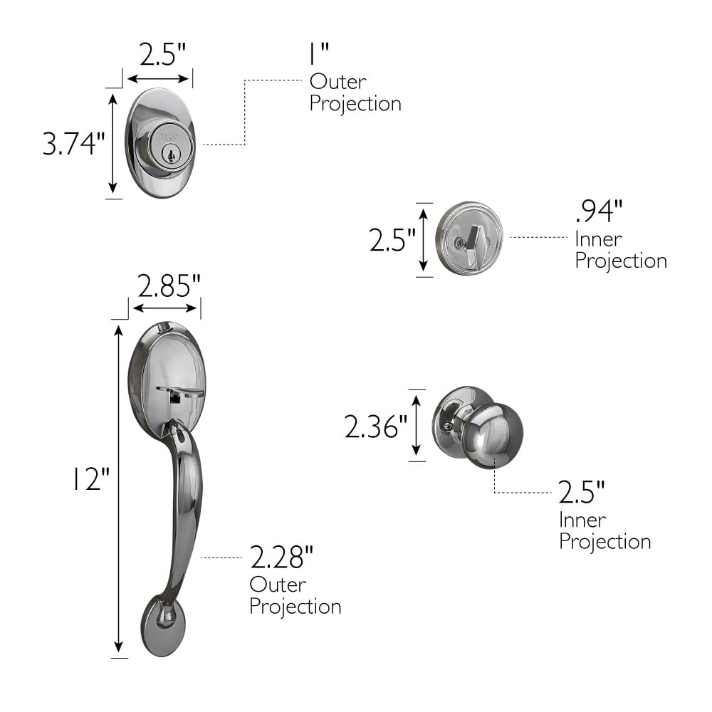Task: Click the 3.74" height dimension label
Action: click(x=73, y=145)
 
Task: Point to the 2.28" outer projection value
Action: click(x=282, y=557)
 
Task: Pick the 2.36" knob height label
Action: click(x=375, y=427)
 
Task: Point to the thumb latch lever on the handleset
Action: click(x=179, y=391)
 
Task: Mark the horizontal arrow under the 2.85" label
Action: click(x=165, y=308)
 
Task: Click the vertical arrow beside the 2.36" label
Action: click(x=417, y=425)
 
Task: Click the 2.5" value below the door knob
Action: click(x=581, y=491)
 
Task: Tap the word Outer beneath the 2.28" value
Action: click(x=278, y=585)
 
